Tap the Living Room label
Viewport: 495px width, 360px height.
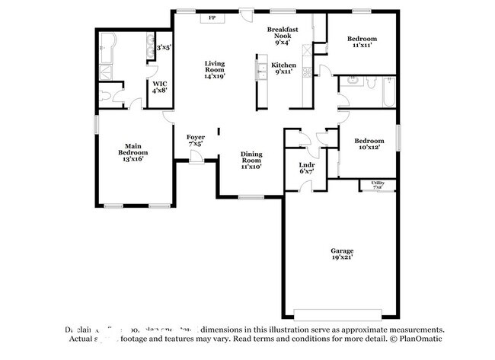[214, 70]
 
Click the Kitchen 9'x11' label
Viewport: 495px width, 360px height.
[284, 70]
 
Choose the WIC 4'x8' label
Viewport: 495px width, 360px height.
[159, 87]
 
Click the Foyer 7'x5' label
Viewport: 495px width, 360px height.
[195, 141]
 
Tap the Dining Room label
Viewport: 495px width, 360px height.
[251, 160]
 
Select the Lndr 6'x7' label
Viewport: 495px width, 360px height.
[307, 168]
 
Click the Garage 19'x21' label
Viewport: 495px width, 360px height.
[341, 254]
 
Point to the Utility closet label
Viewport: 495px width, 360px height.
[378, 184]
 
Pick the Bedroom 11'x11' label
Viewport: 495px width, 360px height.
[362, 43]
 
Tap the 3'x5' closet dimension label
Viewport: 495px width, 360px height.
[163, 47]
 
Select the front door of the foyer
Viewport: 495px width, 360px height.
[196, 157]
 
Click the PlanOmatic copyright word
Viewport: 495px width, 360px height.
[417, 337]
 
